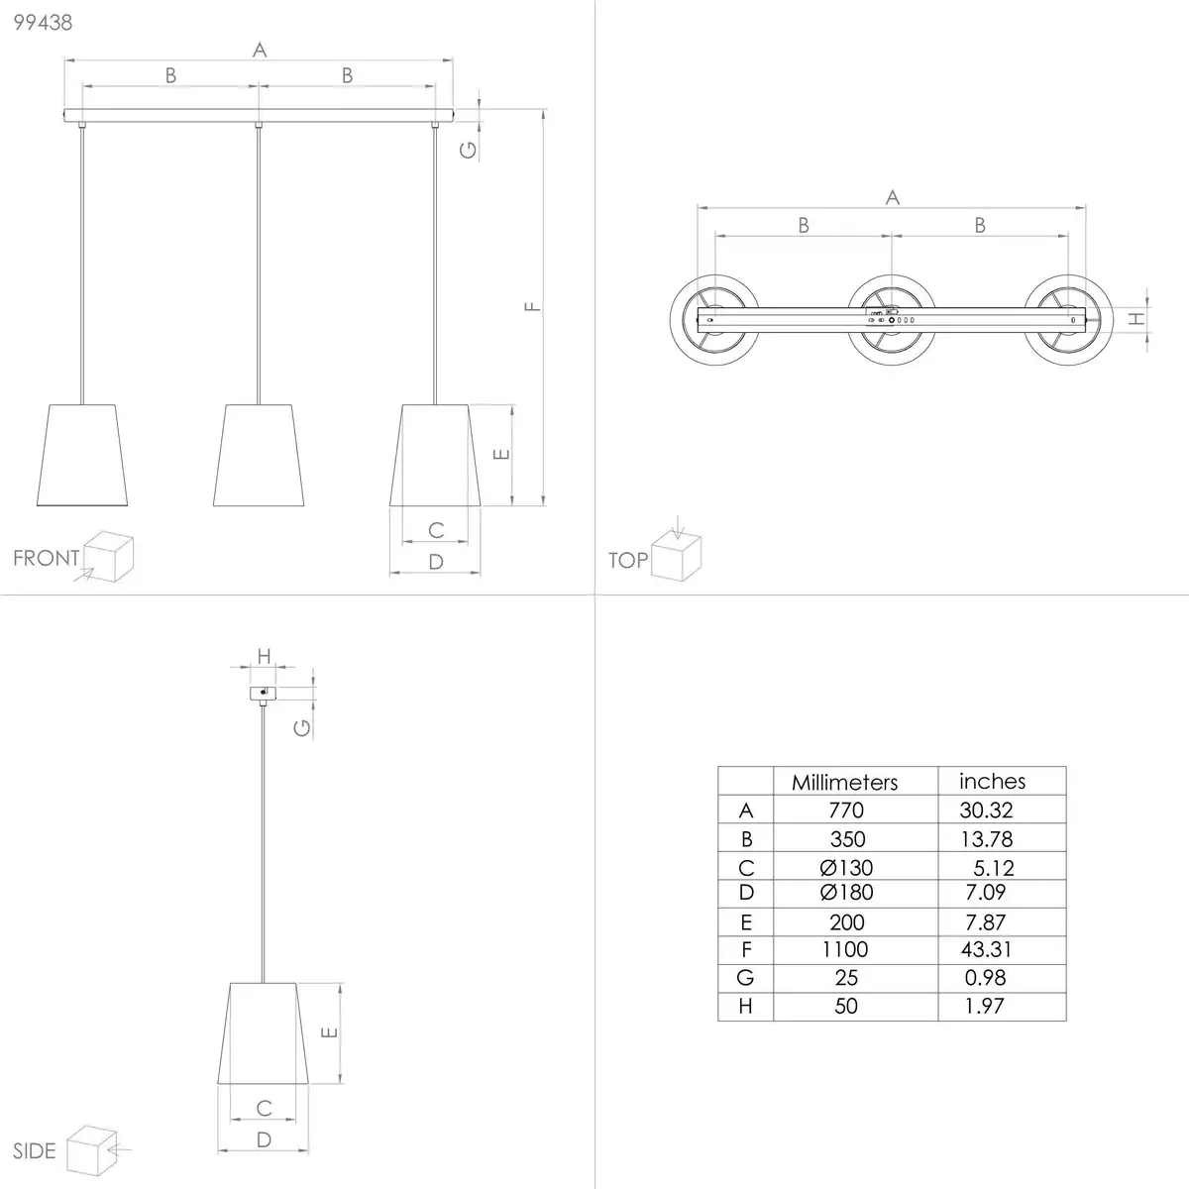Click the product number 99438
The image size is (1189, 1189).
43,22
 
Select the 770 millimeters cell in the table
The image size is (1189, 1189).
846,811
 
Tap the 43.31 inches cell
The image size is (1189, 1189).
986,949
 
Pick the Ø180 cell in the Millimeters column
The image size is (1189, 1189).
846,892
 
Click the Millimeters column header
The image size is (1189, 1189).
845,783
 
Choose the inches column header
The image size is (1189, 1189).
992,781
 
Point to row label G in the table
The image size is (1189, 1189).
745,978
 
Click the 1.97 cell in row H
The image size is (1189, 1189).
984,1007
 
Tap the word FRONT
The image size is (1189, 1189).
47,558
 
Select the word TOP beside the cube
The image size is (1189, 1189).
628,560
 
